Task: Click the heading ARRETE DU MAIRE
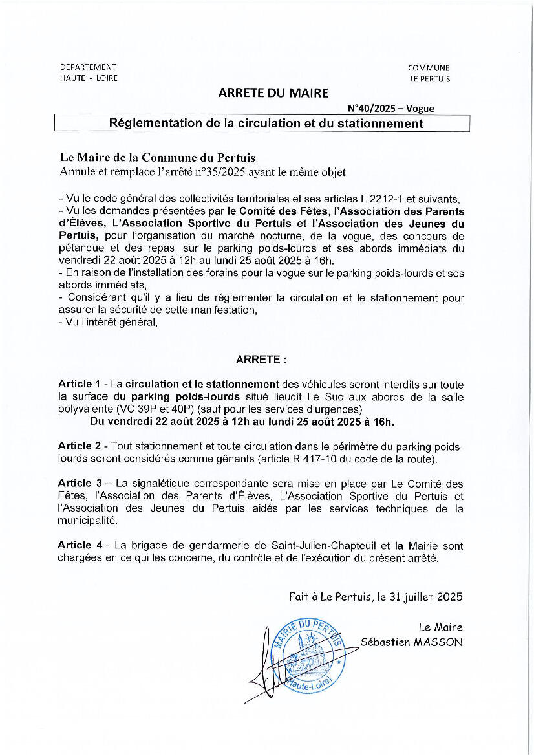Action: (x=273, y=93)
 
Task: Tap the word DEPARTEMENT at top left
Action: (x=88, y=67)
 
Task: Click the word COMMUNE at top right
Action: (x=429, y=68)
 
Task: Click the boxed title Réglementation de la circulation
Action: (x=266, y=123)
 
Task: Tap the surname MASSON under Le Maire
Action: (x=440, y=642)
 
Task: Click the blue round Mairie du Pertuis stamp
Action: (x=303, y=656)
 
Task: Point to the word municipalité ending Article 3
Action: (x=88, y=521)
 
